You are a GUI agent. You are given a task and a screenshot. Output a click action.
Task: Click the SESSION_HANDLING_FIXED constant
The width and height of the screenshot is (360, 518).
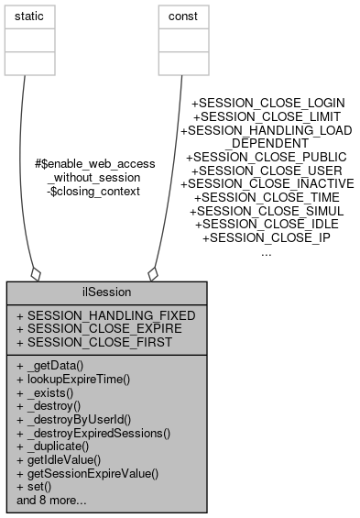tap(106, 314)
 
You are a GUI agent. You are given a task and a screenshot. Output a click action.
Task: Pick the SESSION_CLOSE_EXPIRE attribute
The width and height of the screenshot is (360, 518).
tap(105, 327)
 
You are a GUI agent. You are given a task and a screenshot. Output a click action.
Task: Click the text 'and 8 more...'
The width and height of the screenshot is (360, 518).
tap(51, 501)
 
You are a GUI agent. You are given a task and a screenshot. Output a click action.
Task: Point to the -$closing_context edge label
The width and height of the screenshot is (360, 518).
tap(93, 191)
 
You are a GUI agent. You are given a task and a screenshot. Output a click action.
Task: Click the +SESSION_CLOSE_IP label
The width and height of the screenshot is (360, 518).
tap(266, 237)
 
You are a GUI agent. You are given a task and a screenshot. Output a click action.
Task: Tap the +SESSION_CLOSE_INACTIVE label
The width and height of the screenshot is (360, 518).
tap(266, 183)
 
